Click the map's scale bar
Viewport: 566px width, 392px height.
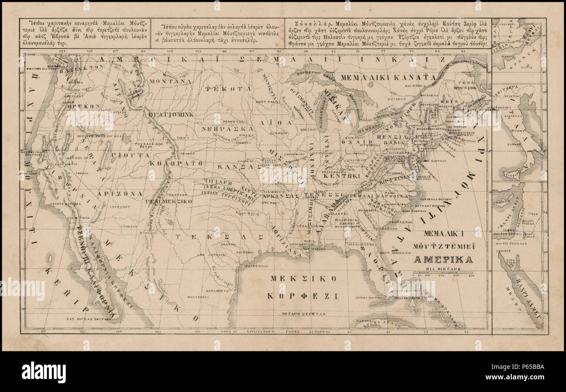coord(443,273)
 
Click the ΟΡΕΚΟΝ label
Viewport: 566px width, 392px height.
coord(85,106)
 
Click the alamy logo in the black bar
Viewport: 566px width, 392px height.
coord(44,372)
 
